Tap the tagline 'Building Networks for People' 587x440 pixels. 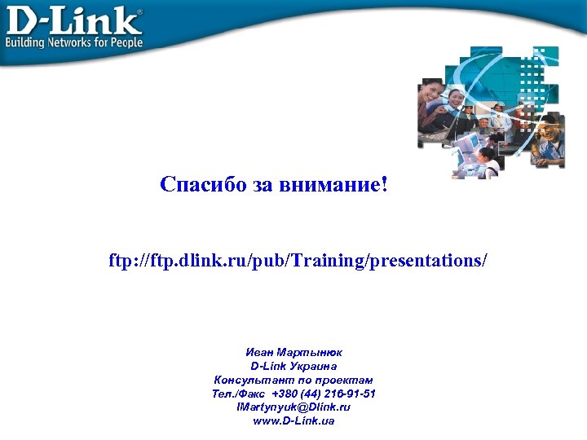click(74, 42)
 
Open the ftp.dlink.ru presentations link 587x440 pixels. click(298, 261)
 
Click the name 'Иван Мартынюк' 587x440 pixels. click(293, 352)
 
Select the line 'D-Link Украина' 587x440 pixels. click(293, 366)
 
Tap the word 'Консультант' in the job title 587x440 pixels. click(248, 380)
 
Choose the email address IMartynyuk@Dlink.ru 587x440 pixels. click(293, 407)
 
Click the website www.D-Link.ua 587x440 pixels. click(293, 421)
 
